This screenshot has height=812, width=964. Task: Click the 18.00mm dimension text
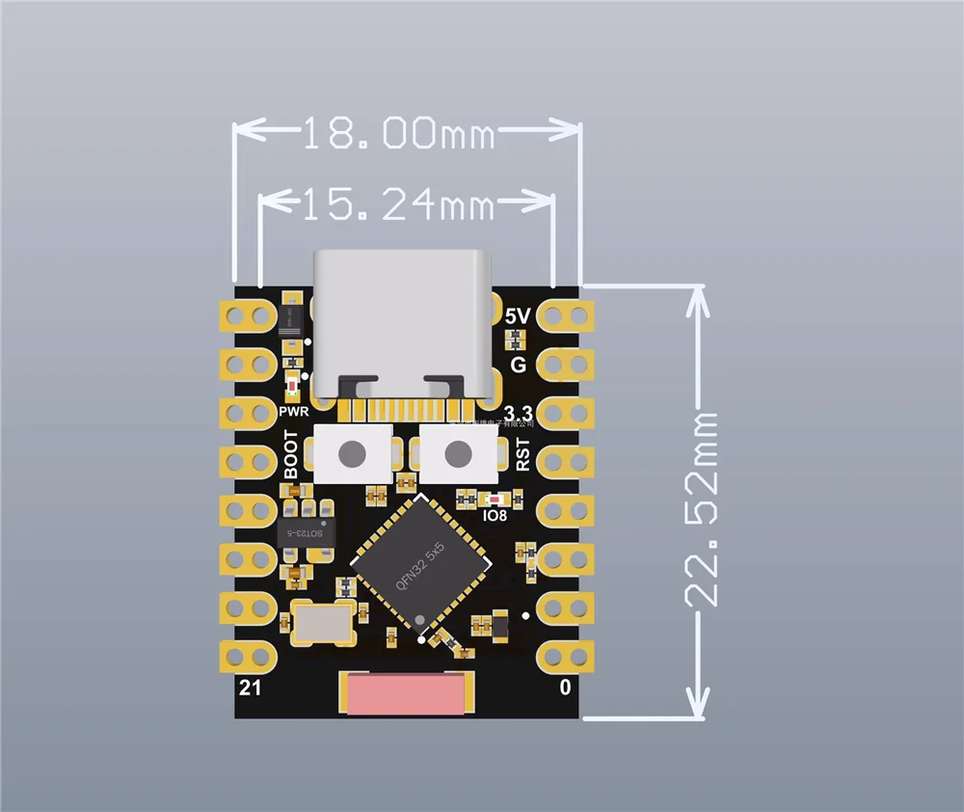[398, 134]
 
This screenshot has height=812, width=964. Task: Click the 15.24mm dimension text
[397, 203]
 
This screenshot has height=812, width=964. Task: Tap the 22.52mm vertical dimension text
[703, 508]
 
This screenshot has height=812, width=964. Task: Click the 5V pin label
[518, 316]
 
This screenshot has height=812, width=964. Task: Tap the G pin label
[518, 365]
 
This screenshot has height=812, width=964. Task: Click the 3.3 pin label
[519, 414]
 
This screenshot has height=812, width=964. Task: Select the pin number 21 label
[250, 688]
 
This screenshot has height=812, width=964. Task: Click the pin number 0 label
[566, 688]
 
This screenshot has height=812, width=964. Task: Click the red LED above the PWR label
[293, 388]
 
